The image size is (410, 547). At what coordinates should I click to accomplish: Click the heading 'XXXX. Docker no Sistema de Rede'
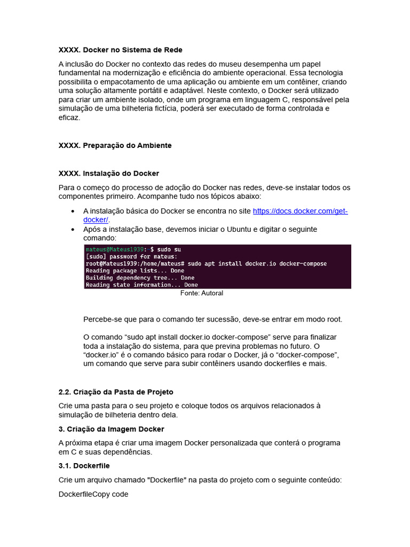point(120,50)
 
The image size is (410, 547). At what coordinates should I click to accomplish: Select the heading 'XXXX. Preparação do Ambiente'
point(115,145)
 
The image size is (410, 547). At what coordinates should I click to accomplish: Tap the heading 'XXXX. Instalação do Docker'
point(108,174)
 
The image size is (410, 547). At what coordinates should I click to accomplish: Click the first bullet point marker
point(73,212)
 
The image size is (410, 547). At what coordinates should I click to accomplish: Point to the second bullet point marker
point(73,230)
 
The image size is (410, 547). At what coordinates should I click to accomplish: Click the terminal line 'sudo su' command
point(169,249)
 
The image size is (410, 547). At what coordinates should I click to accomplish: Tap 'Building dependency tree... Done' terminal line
point(140,278)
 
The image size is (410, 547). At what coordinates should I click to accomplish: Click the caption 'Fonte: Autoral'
point(202,293)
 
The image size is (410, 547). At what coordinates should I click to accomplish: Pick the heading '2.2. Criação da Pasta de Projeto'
point(116,392)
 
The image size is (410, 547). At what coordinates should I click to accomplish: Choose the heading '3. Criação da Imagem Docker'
point(111,429)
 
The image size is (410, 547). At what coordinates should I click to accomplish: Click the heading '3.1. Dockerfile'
point(84,466)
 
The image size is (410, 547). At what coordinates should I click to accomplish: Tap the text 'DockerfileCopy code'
point(93,494)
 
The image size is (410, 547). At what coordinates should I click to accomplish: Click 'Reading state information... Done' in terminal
point(141,285)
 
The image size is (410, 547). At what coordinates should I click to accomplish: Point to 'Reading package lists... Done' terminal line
point(135,271)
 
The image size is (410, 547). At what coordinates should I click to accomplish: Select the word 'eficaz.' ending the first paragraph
point(69,118)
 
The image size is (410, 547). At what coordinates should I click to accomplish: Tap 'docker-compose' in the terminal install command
point(304,264)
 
